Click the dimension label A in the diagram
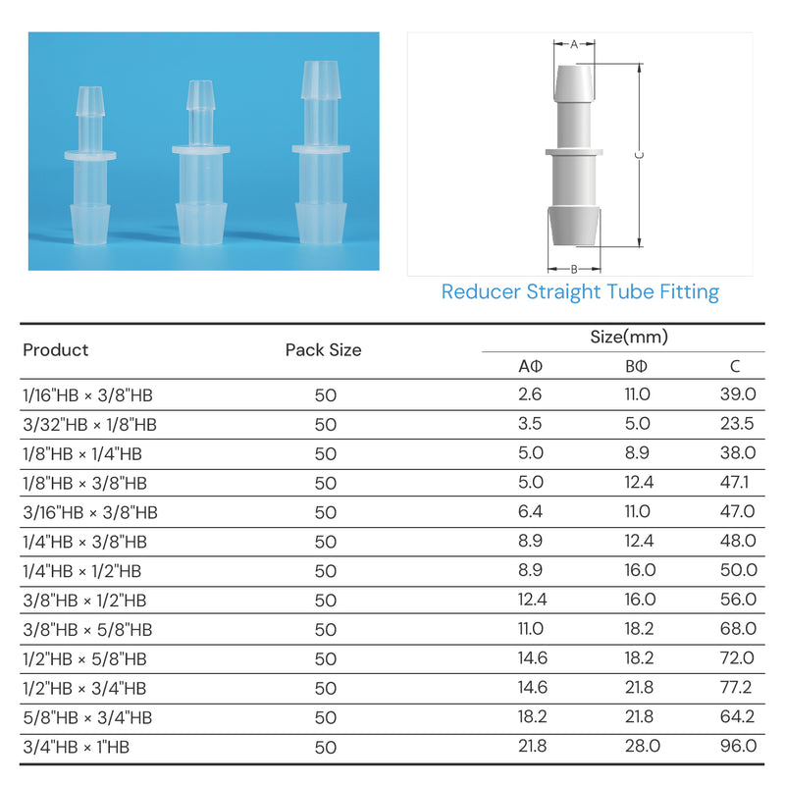tap(574, 44)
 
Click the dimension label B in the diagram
tap(574, 269)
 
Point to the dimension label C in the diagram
tap(640, 155)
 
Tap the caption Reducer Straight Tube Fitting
tap(580, 291)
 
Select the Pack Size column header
tap(324, 350)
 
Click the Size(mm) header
tap(629, 337)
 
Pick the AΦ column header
tap(530, 366)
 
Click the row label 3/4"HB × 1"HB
tap(77, 747)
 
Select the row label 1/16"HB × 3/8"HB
tap(87, 395)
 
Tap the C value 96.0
tap(738, 746)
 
